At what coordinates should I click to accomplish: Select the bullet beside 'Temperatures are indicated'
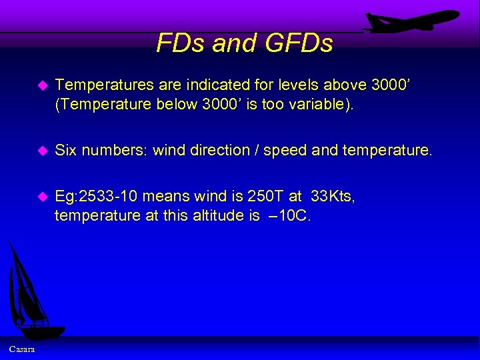pos(43,85)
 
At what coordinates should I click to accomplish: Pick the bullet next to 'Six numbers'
pos(43,151)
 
